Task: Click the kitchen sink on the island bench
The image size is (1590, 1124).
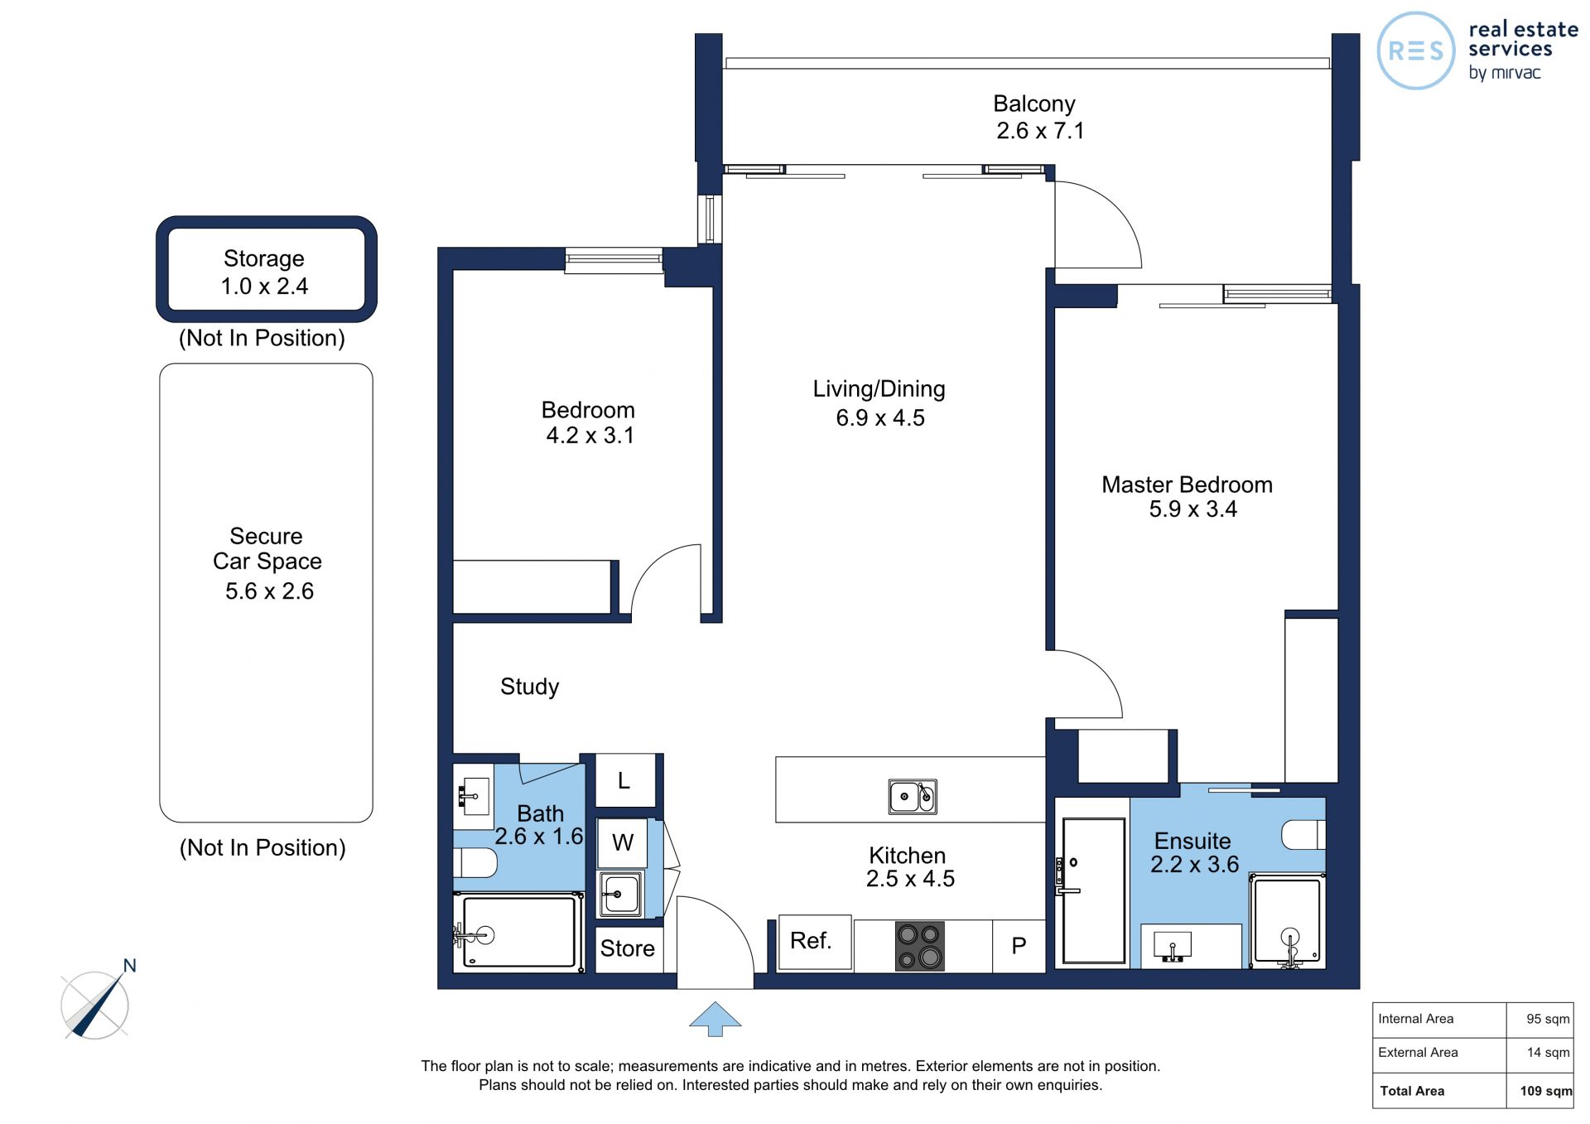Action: (913, 796)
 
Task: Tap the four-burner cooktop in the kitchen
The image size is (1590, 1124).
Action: (919, 946)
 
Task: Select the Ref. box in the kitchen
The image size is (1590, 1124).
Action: (815, 942)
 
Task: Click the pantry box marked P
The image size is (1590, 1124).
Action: (1019, 946)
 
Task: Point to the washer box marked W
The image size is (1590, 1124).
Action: (622, 842)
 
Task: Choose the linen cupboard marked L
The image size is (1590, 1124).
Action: (625, 780)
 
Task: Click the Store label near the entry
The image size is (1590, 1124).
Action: (627, 948)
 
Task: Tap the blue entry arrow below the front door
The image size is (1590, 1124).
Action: (715, 1018)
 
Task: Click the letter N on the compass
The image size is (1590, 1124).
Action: (129, 965)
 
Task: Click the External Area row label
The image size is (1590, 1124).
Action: (1418, 1053)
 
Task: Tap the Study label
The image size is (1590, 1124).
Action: (529, 687)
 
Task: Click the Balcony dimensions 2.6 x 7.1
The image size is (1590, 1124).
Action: (1040, 131)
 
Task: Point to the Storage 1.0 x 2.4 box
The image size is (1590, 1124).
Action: (267, 269)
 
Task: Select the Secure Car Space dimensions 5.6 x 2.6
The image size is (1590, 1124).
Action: (269, 591)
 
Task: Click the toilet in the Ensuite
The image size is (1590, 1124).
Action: (1303, 835)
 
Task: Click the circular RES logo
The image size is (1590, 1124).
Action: (1415, 51)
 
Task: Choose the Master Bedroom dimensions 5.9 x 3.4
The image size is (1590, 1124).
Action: (1192, 509)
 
